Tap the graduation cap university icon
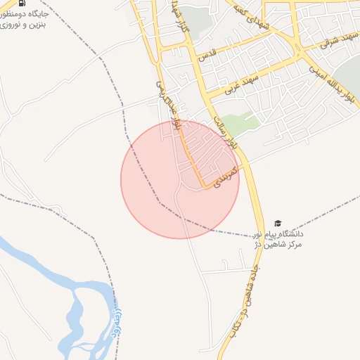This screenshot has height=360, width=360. pyautogui.click(x=278, y=223)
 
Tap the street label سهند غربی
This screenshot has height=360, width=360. pyautogui.click(x=237, y=84)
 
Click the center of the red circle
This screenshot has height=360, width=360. pyautogui.click(x=180, y=179)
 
